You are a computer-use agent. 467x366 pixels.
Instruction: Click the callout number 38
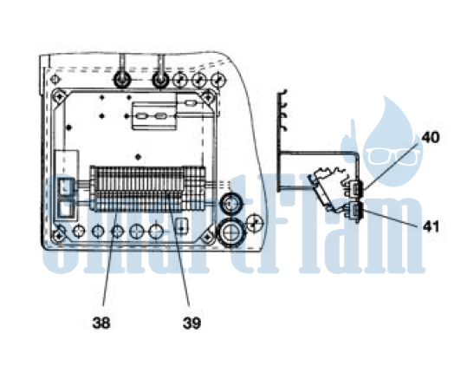point(101,323)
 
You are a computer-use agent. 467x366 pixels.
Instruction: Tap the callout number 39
point(191,323)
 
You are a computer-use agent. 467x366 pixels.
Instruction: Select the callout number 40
point(431,138)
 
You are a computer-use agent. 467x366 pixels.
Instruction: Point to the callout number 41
point(431,226)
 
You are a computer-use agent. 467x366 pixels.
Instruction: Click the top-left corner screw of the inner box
point(59,96)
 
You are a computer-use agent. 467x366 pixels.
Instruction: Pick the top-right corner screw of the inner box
point(208,96)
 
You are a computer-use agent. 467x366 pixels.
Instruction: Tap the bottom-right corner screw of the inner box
point(208,236)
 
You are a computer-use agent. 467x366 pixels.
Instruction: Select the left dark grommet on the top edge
point(121,80)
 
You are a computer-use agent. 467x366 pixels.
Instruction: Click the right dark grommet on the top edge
point(160,80)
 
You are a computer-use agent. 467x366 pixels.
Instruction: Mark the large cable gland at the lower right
point(231,232)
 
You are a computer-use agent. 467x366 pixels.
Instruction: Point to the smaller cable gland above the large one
point(230,204)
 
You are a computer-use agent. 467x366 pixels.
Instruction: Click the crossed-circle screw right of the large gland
point(254,224)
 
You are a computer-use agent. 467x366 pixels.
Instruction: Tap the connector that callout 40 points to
point(355,188)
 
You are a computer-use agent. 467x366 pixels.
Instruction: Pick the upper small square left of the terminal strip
point(66,187)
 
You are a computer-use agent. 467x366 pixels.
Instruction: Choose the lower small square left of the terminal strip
point(66,209)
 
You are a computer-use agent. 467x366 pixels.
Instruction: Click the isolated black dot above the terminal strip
point(138,157)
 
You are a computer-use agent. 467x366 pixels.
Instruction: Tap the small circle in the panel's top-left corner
point(55,79)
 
